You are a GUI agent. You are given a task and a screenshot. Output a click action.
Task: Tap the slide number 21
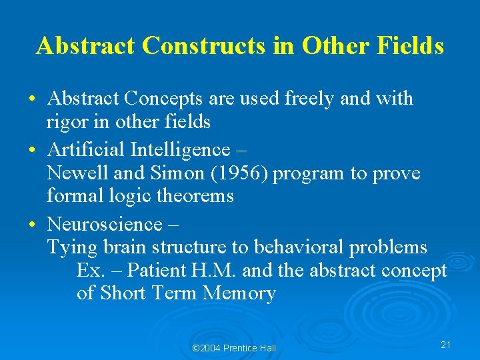446,344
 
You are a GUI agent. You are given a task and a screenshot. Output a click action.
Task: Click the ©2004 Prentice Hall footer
233,348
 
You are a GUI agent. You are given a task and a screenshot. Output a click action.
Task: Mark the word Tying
72,248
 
